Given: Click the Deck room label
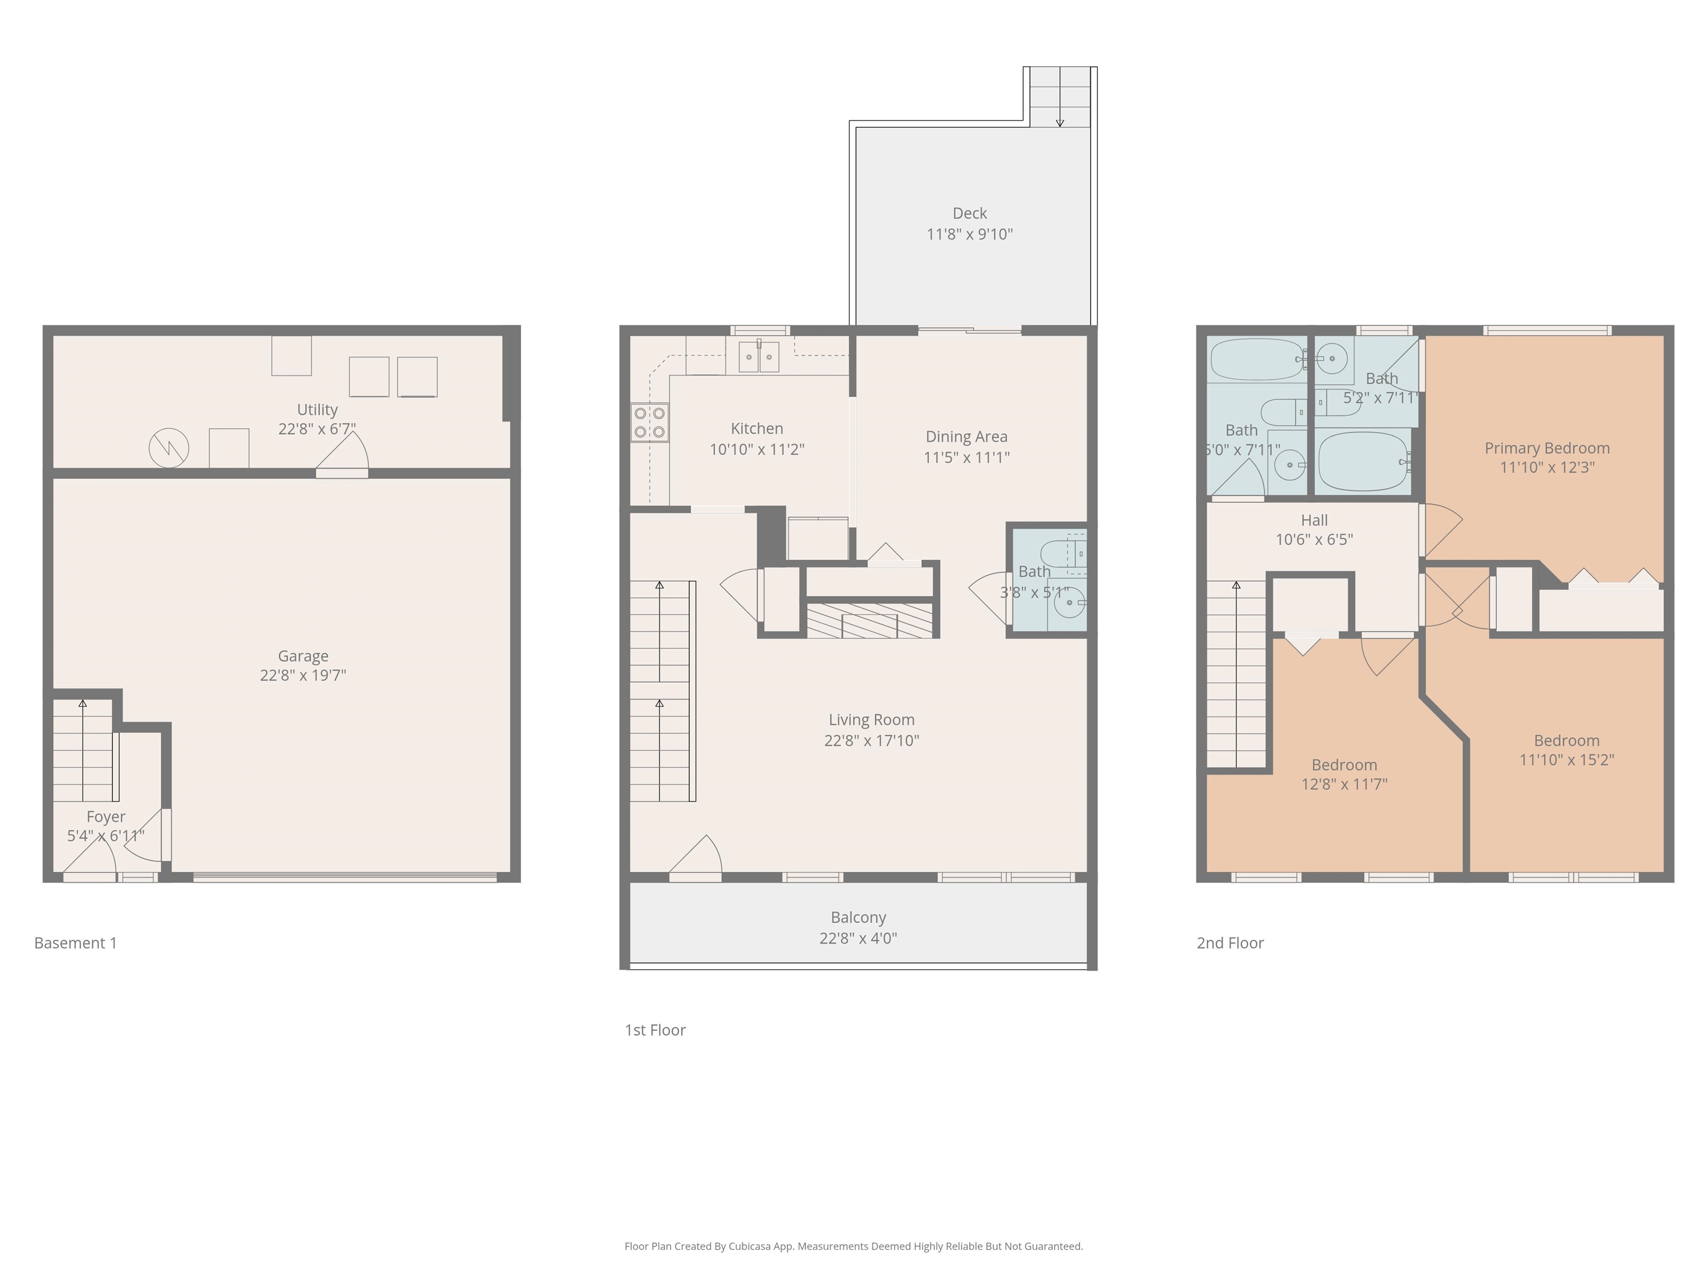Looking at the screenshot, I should tap(969, 213).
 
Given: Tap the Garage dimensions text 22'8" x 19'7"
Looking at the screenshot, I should tap(302, 676).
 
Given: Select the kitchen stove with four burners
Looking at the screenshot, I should tap(649, 423).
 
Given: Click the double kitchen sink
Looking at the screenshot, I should tap(758, 357).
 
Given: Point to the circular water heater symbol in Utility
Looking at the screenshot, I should tap(168, 448).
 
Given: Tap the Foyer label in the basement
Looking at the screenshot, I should tap(106, 817).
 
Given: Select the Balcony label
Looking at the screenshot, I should tap(858, 917).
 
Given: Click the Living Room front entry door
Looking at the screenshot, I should tap(697, 857).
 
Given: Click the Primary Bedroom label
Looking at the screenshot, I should tap(1547, 448).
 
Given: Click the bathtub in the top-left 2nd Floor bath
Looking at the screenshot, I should tap(1257, 360).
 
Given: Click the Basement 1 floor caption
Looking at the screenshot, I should tap(76, 943).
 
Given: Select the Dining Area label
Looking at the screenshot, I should tap(966, 437).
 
